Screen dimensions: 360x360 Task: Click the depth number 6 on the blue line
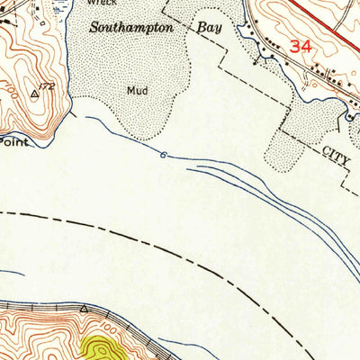click(163, 156)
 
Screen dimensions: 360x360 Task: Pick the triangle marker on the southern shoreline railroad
click(83, 308)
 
